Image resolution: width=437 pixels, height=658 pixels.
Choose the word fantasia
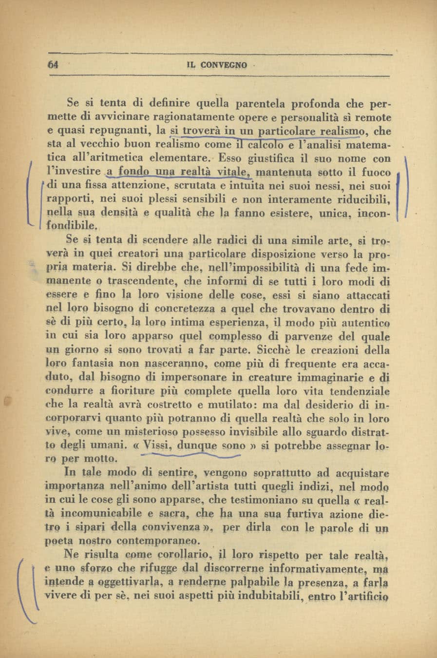click(x=94, y=364)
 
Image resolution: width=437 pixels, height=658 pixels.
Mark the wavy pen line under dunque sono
click(x=190, y=456)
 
